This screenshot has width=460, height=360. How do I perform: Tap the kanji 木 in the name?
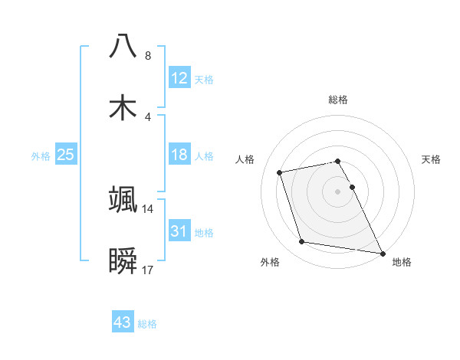(x=123, y=107)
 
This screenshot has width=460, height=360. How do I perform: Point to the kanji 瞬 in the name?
(x=123, y=262)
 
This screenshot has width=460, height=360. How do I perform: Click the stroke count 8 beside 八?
(x=148, y=56)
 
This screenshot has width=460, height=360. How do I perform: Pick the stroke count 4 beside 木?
(x=148, y=117)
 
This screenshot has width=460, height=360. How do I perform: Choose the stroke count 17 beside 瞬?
(x=148, y=270)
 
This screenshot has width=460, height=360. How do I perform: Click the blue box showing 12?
(x=179, y=77)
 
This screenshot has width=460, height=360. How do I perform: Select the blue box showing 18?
(x=179, y=155)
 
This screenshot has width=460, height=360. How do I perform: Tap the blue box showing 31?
(x=179, y=231)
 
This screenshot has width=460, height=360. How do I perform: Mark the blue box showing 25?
(x=66, y=155)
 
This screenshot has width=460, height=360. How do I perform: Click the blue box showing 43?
(x=123, y=322)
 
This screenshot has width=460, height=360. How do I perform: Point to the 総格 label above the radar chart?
(x=338, y=100)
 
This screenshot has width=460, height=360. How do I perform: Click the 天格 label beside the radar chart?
(x=432, y=159)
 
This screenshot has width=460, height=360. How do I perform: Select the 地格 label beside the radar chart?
(x=402, y=262)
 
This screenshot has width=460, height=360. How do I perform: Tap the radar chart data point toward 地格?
(x=382, y=252)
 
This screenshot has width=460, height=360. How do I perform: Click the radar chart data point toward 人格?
(x=280, y=172)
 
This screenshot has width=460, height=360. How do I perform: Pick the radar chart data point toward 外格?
(x=302, y=242)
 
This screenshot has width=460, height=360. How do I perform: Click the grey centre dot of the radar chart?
(x=338, y=191)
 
